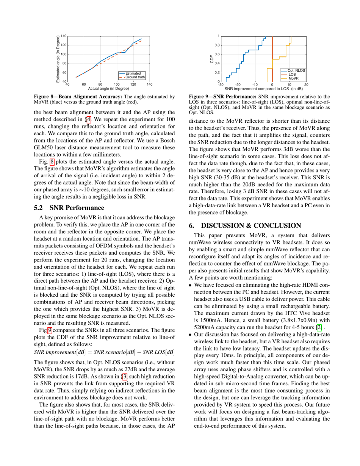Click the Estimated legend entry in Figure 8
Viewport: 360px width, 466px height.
tap(134, 73)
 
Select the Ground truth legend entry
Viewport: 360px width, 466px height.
tap(135, 77)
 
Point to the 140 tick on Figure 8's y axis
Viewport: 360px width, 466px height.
tap(64, 36)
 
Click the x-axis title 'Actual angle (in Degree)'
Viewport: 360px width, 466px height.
tap(108, 88)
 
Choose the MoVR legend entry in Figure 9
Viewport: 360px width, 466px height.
tap(294, 78)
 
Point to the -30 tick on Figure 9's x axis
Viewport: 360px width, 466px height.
tap(221, 85)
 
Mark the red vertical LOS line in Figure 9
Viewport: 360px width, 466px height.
tap(272, 57)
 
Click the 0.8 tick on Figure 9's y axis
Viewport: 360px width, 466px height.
tap(217, 45)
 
